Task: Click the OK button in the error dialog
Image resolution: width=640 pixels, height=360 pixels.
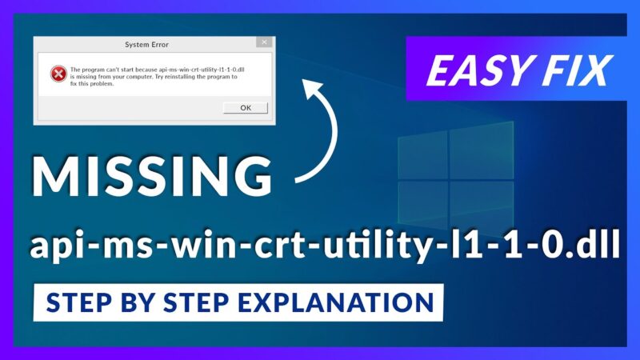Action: click(245, 107)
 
